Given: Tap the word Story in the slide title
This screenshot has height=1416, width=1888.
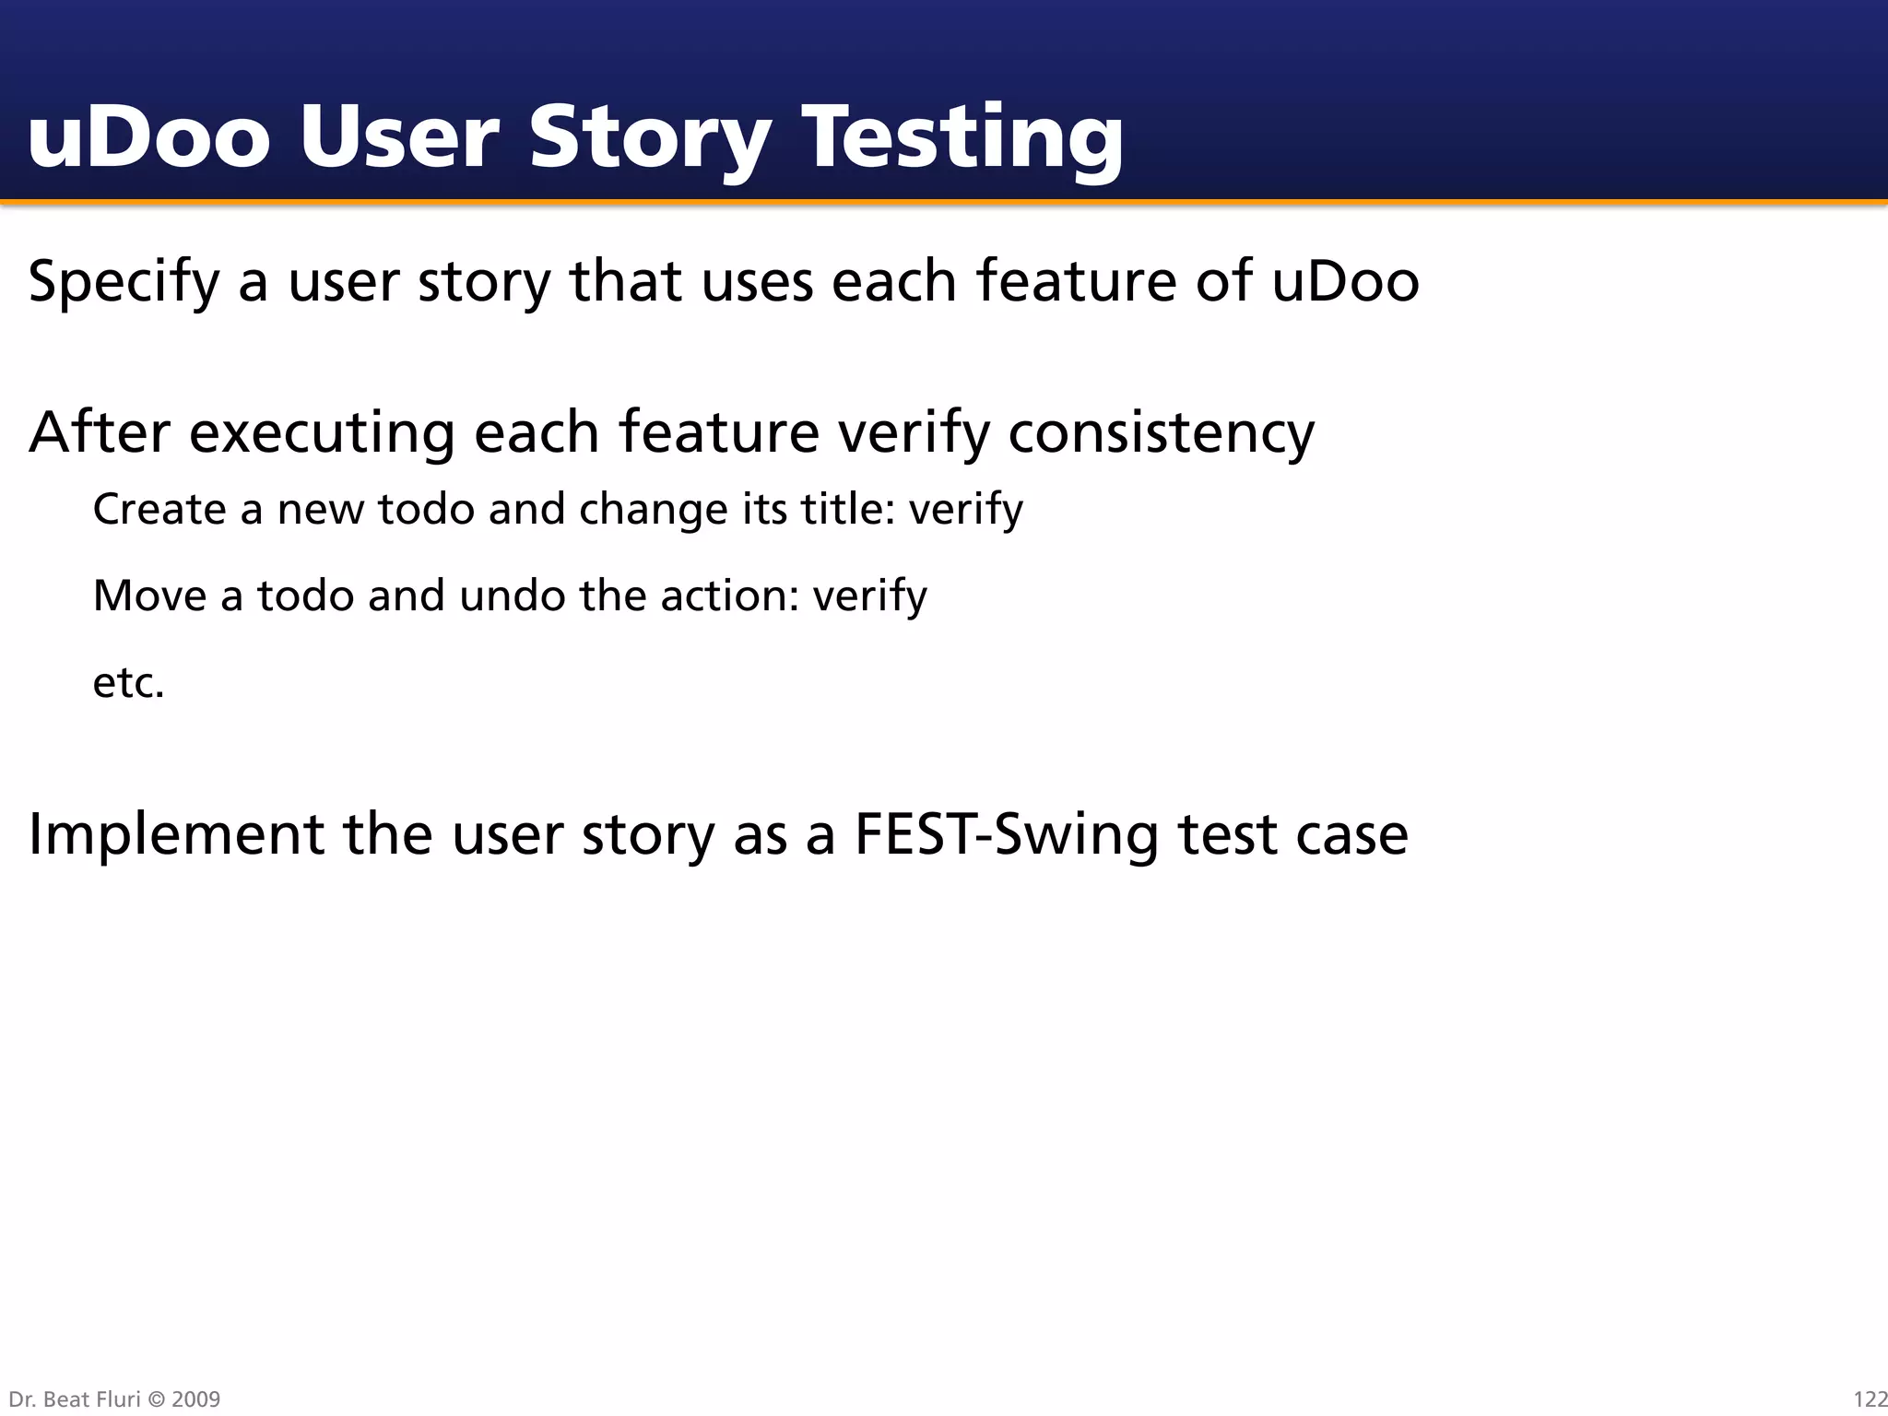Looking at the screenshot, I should coord(649,138).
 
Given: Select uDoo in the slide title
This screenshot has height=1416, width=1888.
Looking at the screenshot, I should coord(148,138).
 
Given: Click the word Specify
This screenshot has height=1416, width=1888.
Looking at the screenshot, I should coord(124,282).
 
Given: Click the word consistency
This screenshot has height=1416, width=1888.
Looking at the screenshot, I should coord(1161,432).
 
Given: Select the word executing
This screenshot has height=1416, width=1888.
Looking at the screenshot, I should coord(322,432).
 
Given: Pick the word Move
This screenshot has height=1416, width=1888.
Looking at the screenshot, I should coord(149,596).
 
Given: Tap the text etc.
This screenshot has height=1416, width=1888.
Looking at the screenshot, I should coord(128,683).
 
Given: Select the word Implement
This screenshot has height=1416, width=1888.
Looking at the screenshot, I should coord(176,835).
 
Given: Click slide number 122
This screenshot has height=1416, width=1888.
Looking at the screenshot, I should coord(1870,1399).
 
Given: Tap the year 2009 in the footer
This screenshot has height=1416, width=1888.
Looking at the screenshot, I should coord(195,1399).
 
